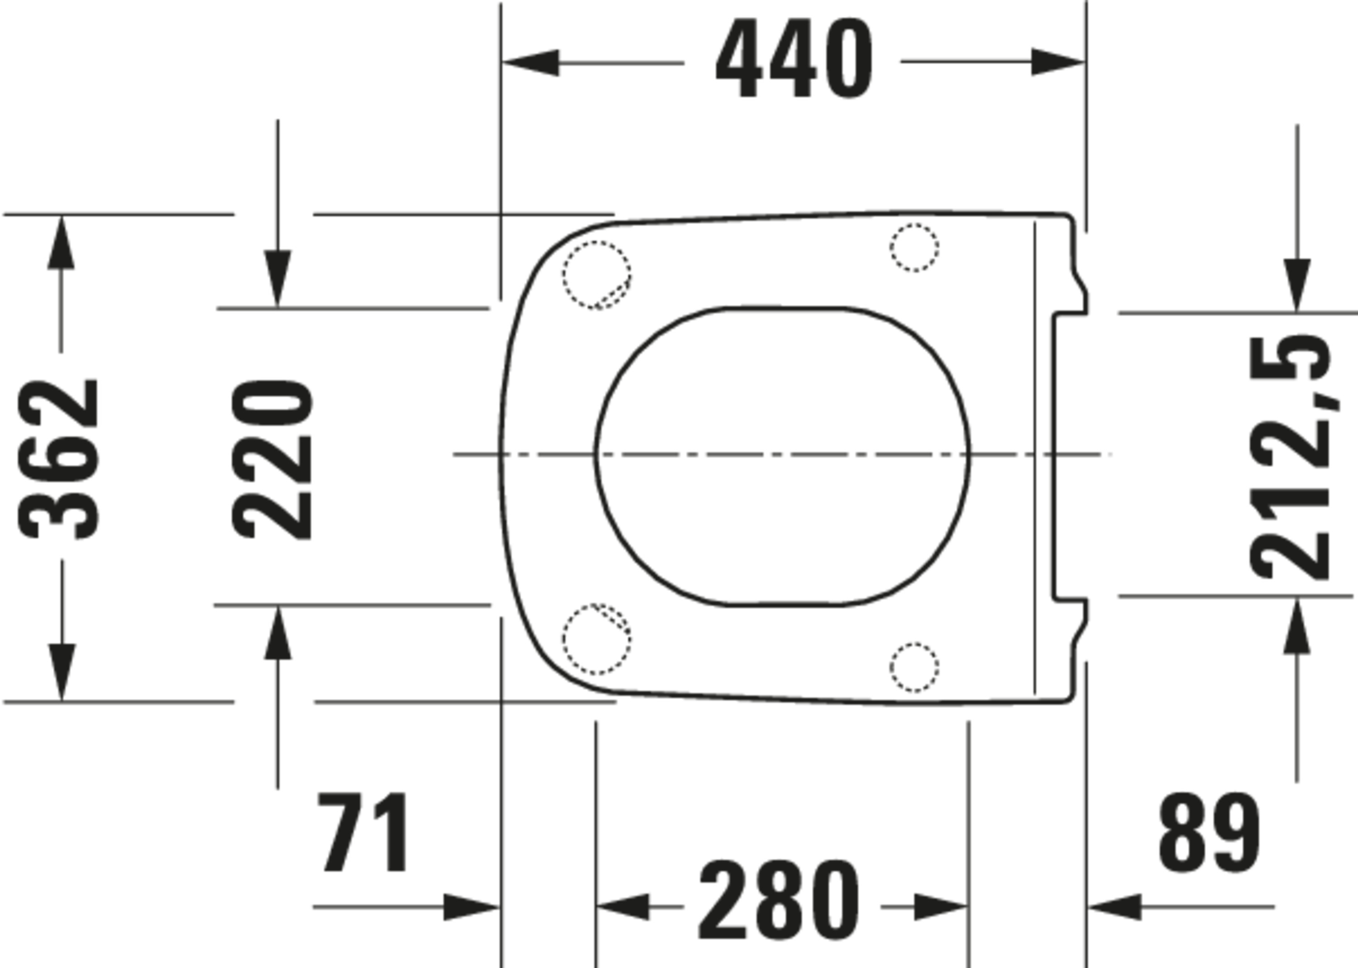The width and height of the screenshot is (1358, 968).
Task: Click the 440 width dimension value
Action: [794, 58]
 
